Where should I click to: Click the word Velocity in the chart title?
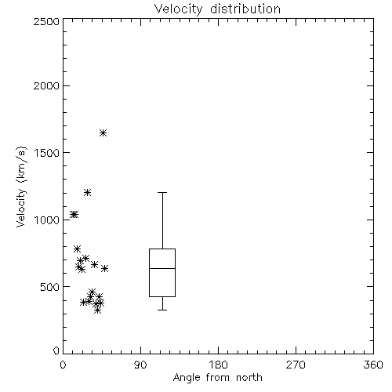[x=179, y=9]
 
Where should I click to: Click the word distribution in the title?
[x=245, y=9]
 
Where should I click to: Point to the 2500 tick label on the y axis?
[x=46, y=21]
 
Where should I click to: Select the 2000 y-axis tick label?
[x=46, y=85]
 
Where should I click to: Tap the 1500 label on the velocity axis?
[x=47, y=153]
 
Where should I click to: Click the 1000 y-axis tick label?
[x=47, y=220]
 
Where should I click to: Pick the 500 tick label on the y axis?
[x=50, y=287]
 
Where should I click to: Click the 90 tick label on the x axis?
[x=140, y=365]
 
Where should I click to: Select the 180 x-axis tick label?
[x=218, y=365]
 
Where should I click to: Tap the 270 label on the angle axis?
[x=296, y=365]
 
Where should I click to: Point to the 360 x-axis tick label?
[x=373, y=365]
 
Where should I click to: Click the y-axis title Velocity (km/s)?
[x=22, y=187]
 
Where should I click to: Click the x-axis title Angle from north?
[x=218, y=378]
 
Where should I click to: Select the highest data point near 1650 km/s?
[x=103, y=132]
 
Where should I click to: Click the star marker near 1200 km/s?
[x=87, y=193]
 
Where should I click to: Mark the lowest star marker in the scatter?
[x=97, y=310]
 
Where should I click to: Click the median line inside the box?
[x=162, y=268]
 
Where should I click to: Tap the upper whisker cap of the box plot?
[x=162, y=193]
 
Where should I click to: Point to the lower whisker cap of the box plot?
[x=162, y=310]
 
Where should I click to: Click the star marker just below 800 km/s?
[x=77, y=249]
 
